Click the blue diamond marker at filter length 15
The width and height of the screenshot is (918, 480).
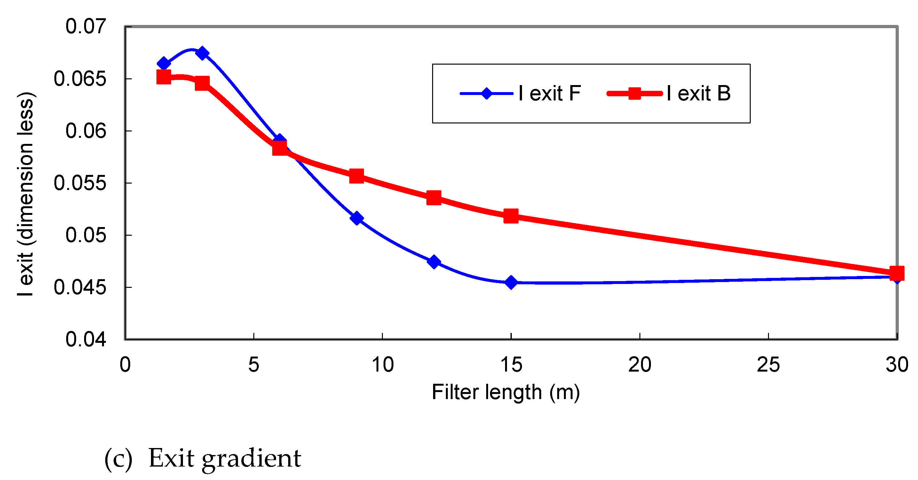pos(511,282)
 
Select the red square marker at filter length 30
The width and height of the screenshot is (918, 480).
pos(897,273)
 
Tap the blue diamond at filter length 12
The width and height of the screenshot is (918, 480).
pos(434,262)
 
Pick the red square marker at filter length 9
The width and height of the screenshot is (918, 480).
pos(356,176)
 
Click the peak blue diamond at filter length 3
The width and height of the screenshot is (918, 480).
pos(202,53)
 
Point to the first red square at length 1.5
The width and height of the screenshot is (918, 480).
pos(163,77)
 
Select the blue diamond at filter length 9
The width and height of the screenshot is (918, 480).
pos(356,218)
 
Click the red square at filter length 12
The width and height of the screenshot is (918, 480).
pos(434,197)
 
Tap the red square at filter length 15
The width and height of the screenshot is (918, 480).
pos(511,216)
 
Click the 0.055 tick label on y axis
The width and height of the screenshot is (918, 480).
pos(80,183)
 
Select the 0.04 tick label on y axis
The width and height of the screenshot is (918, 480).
pos(85,339)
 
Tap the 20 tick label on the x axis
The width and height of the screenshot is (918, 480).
pos(639,365)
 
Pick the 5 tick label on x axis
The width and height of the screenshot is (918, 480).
pos(253,365)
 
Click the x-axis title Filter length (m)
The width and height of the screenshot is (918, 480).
pos(506,392)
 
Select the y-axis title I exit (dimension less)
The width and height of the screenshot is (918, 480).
pos(26,194)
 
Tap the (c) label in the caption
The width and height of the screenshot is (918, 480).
pos(118,459)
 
